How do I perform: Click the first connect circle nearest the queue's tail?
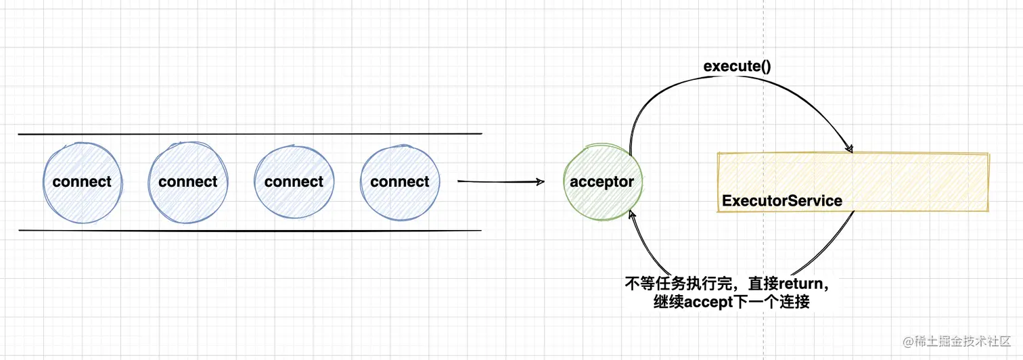(x=82, y=181)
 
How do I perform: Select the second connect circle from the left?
(x=187, y=181)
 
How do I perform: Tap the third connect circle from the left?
(x=294, y=181)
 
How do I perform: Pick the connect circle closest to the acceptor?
(x=399, y=181)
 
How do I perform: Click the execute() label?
(x=737, y=66)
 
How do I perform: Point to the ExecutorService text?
(x=782, y=201)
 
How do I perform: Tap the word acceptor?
(x=601, y=182)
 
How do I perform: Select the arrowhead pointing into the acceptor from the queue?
(x=540, y=181)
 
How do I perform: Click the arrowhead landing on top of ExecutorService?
(x=848, y=148)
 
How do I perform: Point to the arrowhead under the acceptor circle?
(x=633, y=215)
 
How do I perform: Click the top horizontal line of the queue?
(x=250, y=134)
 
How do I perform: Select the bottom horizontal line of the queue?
(x=250, y=231)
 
